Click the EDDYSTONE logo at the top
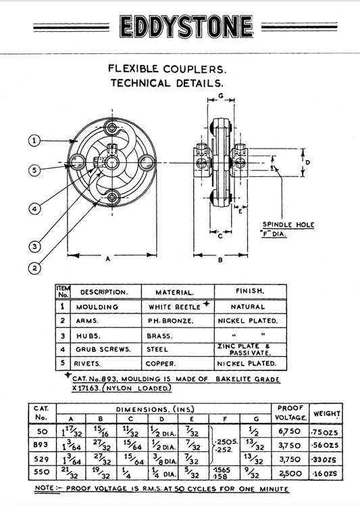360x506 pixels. click(x=186, y=26)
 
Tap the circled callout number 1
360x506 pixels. click(x=34, y=141)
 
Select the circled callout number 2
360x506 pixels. click(x=34, y=268)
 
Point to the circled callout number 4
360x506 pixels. click(x=34, y=209)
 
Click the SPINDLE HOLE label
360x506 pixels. click(x=288, y=224)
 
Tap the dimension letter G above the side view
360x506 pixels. click(x=221, y=96)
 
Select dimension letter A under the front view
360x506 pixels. click(x=108, y=259)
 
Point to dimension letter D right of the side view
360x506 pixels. click(x=307, y=162)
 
